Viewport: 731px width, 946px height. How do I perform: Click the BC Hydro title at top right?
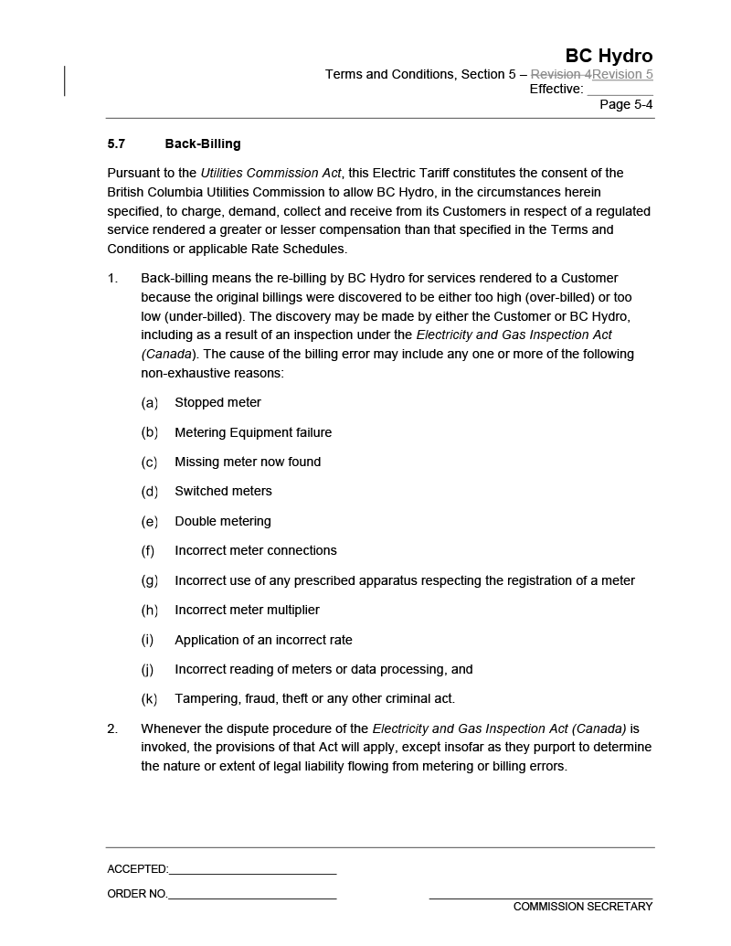click(x=609, y=56)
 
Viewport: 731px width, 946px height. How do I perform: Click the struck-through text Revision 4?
click(x=561, y=74)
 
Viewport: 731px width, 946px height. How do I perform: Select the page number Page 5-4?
click(x=626, y=104)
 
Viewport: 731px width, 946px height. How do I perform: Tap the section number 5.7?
click(x=116, y=143)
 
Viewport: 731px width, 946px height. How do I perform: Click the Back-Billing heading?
click(x=203, y=143)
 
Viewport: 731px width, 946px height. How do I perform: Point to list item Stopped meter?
click(x=217, y=402)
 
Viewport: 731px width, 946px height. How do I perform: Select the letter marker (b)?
click(x=149, y=432)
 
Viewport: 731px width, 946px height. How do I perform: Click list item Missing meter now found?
click(x=248, y=462)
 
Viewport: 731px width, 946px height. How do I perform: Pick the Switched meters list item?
click(x=223, y=491)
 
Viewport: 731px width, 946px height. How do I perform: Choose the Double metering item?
click(x=223, y=521)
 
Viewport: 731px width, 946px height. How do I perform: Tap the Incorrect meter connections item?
click(x=256, y=550)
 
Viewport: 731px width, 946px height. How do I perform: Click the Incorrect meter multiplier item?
click(x=247, y=610)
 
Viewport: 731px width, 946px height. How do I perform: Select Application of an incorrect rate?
click(x=263, y=640)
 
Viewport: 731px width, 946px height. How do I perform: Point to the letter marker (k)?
click(x=149, y=699)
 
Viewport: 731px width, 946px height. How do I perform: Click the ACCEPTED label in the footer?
click(x=137, y=869)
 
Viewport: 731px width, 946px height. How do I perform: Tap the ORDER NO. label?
click(x=137, y=894)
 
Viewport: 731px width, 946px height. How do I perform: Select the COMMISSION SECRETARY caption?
click(x=583, y=907)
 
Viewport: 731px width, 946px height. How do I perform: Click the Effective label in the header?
click(x=556, y=89)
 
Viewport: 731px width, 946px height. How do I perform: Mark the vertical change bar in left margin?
click(x=65, y=80)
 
